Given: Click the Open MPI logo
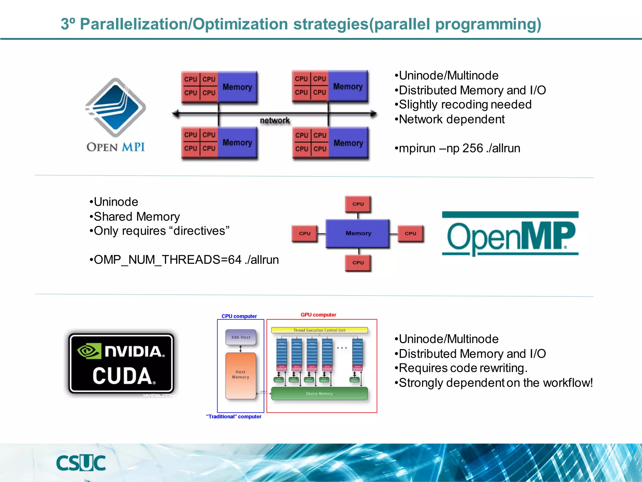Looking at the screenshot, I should tap(116, 115).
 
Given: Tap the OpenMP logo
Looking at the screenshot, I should tap(510, 234).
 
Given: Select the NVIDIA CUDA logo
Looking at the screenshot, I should tap(121, 363).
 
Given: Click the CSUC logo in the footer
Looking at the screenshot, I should tap(81, 463).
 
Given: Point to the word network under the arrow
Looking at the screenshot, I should tap(275, 120).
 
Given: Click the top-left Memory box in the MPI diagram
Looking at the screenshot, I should tap(237, 87).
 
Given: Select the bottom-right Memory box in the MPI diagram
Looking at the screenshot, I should tap(348, 143).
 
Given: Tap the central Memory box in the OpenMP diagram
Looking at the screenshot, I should tap(358, 233).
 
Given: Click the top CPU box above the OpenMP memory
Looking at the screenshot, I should tap(358, 204).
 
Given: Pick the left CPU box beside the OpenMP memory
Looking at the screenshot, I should tap(304, 233).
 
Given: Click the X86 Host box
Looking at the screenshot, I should tap(241, 337).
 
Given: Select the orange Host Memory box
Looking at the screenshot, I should tap(241, 375).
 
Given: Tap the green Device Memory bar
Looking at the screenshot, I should tap(319, 394).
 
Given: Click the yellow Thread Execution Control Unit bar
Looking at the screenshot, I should tap(319, 330).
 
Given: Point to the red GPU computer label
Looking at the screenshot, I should tap(318, 315).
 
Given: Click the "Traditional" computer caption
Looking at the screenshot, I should tap(234, 416).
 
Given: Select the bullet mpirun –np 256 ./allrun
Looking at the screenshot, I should tap(457, 148).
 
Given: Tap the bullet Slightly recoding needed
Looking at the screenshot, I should tap(463, 104).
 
